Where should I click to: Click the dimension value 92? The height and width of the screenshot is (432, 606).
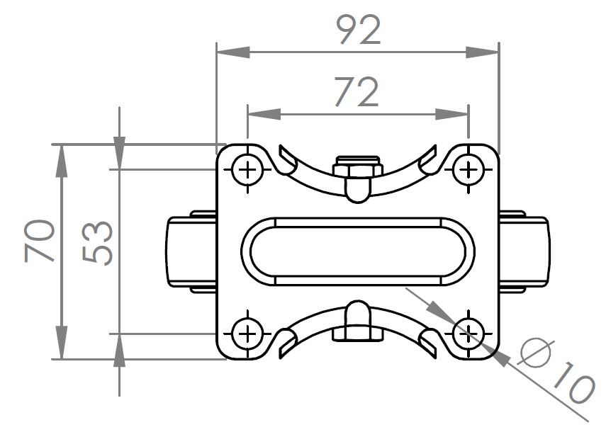358,30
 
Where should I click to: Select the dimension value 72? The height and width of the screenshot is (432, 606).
357,91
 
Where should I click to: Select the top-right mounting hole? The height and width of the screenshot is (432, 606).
468,170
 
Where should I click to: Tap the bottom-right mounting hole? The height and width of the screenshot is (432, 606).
468,332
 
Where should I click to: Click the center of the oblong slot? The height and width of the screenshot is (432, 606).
357,251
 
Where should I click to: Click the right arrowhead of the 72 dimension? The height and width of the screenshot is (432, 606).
453,113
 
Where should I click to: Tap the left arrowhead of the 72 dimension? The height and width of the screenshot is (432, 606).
262,113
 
